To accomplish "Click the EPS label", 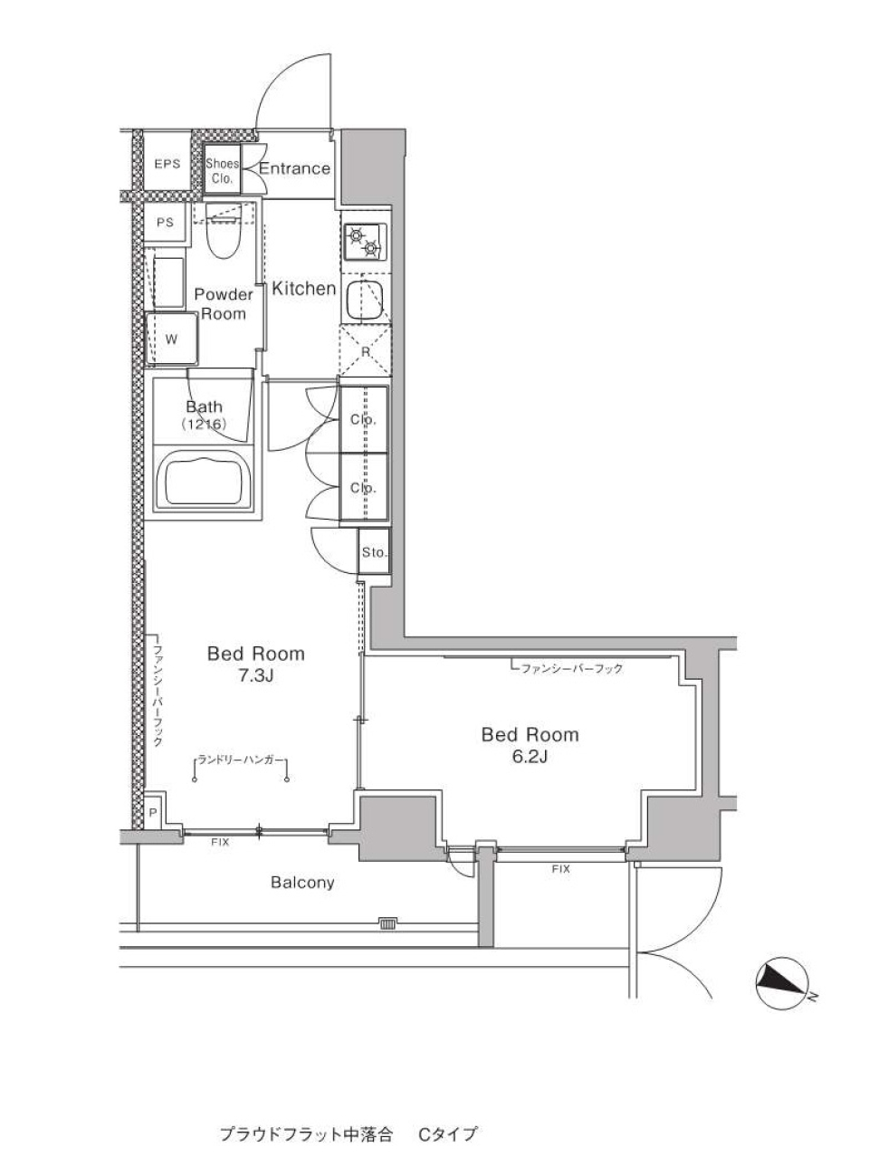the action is (x=167, y=164).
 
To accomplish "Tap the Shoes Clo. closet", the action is (x=222, y=170).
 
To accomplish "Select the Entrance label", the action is (x=295, y=168).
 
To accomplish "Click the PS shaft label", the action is (x=165, y=223).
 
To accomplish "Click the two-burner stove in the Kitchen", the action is (x=364, y=241).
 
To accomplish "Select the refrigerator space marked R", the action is (x=365, y=350).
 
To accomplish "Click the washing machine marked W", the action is (x=171, y=339).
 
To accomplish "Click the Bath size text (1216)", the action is (x=205, y=424).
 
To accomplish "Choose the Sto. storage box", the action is (x=374, y=552).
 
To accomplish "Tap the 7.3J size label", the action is (x=256, y=676).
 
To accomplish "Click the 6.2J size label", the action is (x=530, y=757).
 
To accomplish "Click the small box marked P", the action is (x=152, y=812).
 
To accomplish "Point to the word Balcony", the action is (x=302, y=883).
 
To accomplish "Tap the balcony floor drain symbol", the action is (x=387, y=924).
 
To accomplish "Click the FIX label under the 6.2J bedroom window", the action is (x=560, y=868).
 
